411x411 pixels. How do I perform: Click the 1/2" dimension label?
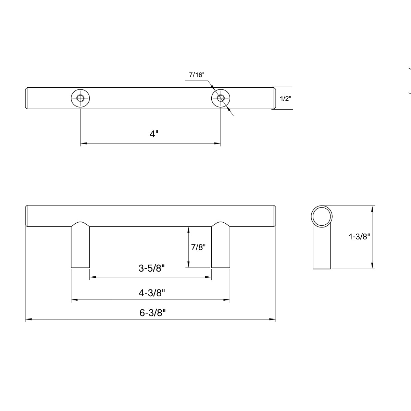pos(285,99)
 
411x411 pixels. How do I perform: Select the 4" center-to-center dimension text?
pos(154,134)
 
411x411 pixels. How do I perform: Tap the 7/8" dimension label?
pos(198,247)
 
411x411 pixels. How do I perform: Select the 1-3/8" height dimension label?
pos(359,236)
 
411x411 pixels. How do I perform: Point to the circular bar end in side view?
pos(322,216)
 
